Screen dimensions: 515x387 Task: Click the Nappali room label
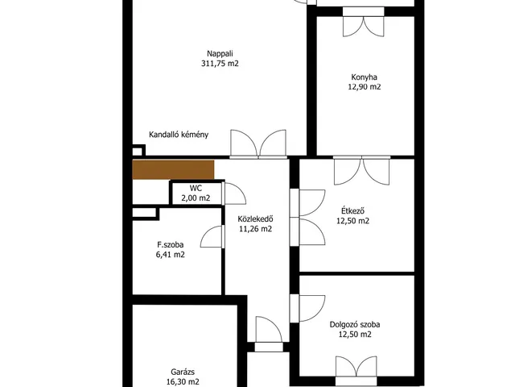[220, 54]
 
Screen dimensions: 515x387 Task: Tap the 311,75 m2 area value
[220, 64]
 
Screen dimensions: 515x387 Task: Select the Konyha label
[364, 77]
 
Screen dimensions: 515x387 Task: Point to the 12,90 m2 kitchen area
[365, 87]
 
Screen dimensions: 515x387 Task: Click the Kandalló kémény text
[179, 135]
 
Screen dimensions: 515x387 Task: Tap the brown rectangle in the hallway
[173, 170]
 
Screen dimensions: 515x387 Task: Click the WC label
[196, 189]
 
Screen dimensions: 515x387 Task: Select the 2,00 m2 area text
[196, 198]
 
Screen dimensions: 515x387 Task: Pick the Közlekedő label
[256, 219]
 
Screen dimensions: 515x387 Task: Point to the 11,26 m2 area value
[256, 229]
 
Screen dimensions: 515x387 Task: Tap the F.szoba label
[170, 245]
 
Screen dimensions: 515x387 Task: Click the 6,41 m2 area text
[170, 255]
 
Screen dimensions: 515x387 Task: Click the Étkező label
[352, 211]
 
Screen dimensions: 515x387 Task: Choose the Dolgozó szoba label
[355, 324]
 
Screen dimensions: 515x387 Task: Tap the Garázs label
[183, 372]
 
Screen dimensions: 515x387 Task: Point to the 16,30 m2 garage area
[183, 381]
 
